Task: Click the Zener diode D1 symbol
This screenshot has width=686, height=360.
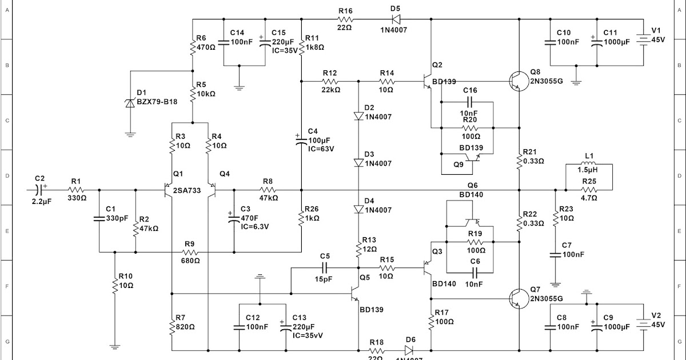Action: (x=130, y=103)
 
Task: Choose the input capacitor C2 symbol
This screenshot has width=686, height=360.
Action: (x=39, y=189)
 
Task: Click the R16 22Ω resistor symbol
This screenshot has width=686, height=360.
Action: (x=345, y=19)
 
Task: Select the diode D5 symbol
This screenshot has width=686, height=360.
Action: (x=395, y=19)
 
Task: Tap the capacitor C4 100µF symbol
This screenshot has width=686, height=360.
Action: (x=301, y=141)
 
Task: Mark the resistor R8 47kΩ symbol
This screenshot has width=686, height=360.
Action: (x=268, y=189)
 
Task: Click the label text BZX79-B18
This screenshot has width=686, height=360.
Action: (x=156, y=103)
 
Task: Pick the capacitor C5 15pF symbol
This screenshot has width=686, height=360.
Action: (x=325, y=267)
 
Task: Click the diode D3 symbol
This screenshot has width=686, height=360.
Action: (x=358, y=163)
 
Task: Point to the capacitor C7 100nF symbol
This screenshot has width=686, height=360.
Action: (x=555, y=254)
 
